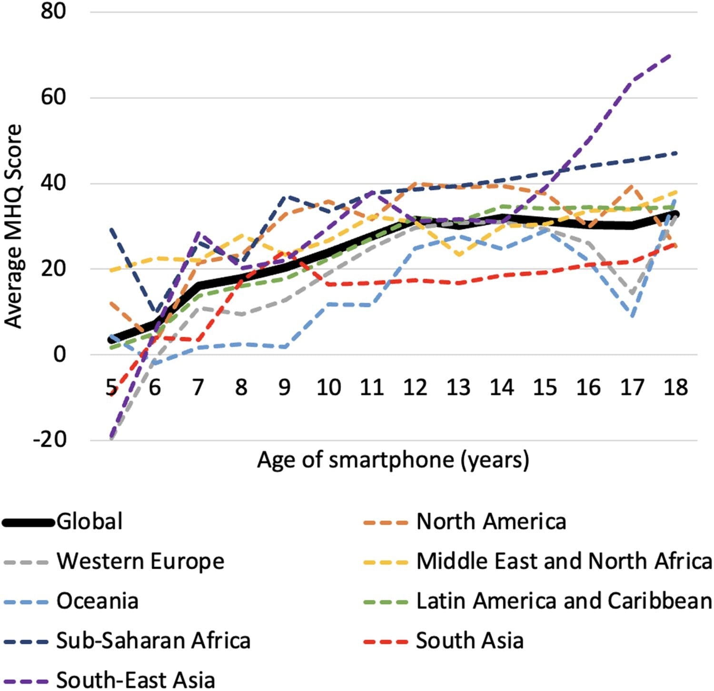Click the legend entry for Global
click(x=89, y=522)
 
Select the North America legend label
click(x=491, y=522)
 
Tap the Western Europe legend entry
click(x=140, y=561)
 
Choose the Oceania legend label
click(x=98, y=601)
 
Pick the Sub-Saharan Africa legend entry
click(x=153, y=641)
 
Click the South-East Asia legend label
click(x=136, y=680)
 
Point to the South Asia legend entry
click(x=470, y=641)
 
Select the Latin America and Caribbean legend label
click(x=564, y=601)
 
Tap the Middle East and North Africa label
click(x=564, y=561)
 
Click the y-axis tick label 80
click(x=53, y=11)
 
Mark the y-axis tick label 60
click(x=53, y=97)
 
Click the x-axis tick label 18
click(x=675, y=387)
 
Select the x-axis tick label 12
click(x=415, y=387)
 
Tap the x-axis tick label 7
click(x=198, y=387)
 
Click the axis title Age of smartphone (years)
click(x=393, y=460)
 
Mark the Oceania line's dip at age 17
click(x=632, y=316)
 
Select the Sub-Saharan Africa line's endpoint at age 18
click(x=676, y=153)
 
